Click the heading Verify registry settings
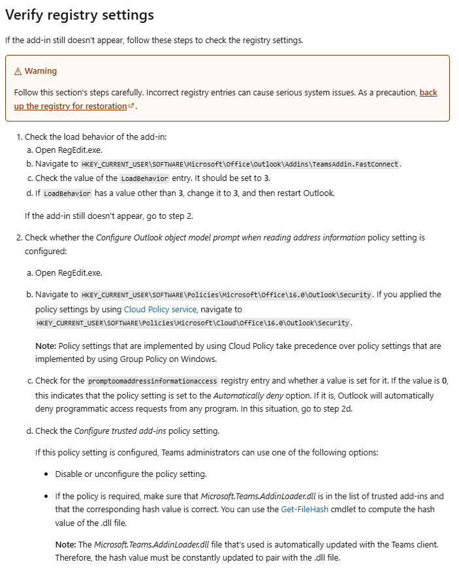tap(80, 14)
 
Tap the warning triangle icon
tap(18, 71)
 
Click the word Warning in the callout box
tap(40, 71)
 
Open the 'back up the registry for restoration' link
tap(71, 106)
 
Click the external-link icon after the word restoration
tap(131, 106)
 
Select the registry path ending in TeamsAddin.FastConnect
tap(240, 164)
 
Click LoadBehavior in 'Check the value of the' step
tap(144, 178)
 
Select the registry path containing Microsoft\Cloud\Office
tap(194, 323)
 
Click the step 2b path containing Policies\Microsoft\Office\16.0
tap(226, 295)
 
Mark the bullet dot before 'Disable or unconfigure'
tap(47, 474)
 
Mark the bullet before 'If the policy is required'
tap(47, 497)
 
